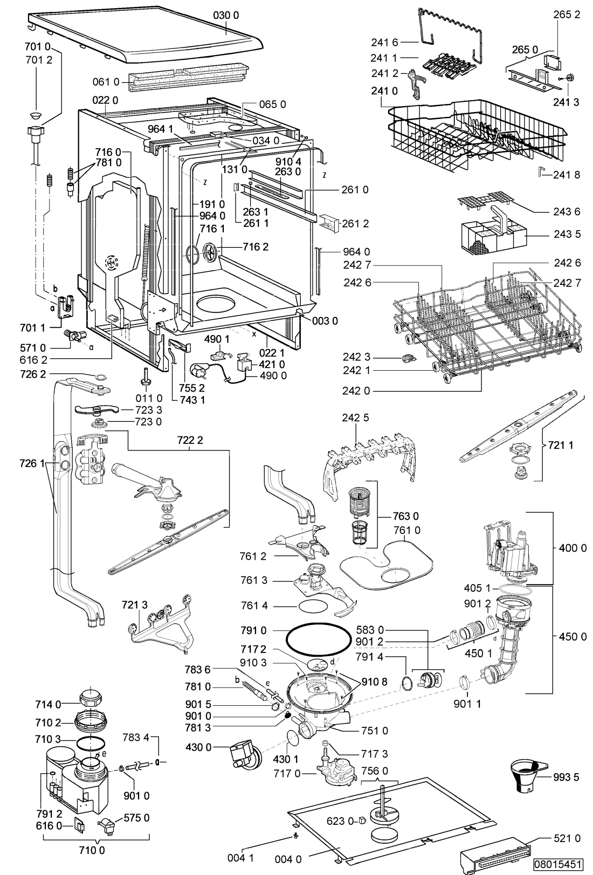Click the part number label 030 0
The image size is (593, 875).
pyautogui.click(x=226, y=15)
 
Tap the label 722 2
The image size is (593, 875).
pyautogui.click(x=190, y=440)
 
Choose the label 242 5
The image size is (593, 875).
pyautogui.click(x=356, y=418)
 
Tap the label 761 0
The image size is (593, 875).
pyautogui.click(x=407, y=530)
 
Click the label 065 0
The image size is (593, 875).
pyautogui.click(x=272, y=105)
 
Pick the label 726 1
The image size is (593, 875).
pyautogui.click(x=32, y=463)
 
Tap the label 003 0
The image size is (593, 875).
pyautogui.click(x=325, y=321)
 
